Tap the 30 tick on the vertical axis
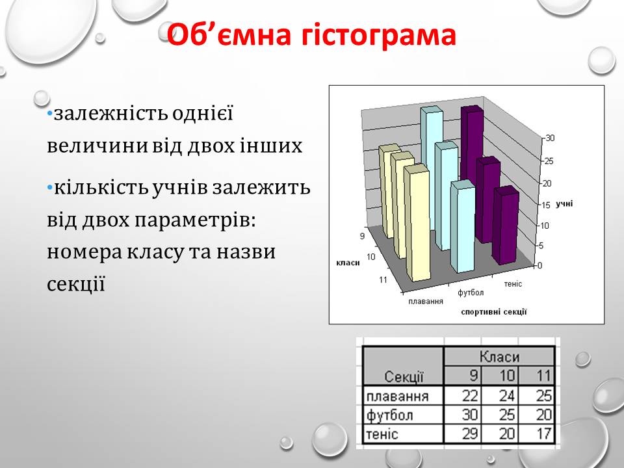coord(550,138)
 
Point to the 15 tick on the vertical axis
coord(545,205)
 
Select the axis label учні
coord(564,203)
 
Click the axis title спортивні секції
coord(494,312)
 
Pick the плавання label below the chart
coord(425,301)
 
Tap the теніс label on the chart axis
coord(513,284)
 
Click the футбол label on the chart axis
coord(471,292)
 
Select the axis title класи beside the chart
coord(348,263)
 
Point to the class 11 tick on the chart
coord(383,279)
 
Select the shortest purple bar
coord(506,226)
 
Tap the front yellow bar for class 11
coord(417,223)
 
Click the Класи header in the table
coord(499,356)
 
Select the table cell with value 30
coord(462,415)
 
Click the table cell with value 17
coord(537,434)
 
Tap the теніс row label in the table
coord(382,434)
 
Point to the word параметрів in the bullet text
coord(194,221)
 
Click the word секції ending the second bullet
coord(76,283)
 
